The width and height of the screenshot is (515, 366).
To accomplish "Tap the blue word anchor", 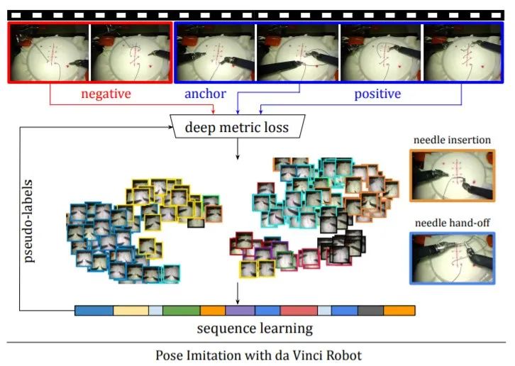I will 205,94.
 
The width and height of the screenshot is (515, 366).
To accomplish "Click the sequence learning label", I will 244,328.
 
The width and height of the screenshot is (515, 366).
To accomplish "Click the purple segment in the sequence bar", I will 240,310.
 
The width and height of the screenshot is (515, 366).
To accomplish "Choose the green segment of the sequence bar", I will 181,310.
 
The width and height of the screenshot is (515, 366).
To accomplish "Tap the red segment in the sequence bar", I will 299,310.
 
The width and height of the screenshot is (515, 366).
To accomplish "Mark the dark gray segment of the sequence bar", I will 370,310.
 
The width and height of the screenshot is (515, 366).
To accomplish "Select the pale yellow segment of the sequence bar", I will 131,310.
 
